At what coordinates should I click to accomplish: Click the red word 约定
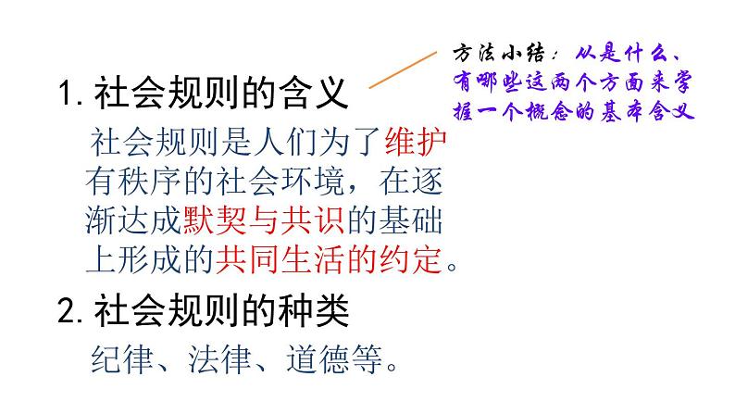coord(411,260)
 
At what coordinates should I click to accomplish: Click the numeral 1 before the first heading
coord(65,94)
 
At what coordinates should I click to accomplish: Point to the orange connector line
coord(402,69)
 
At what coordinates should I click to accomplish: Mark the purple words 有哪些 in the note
coord(485,81)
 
